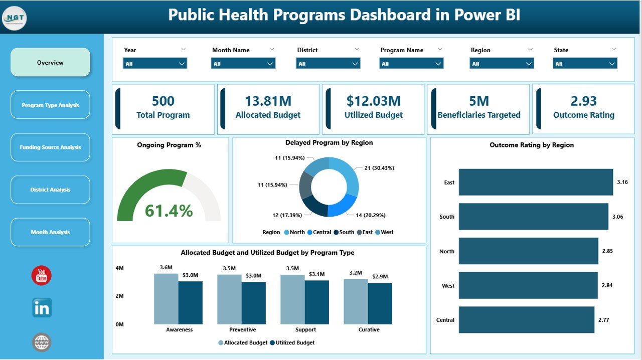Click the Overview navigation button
coord(50,63)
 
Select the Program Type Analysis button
coord(50,105)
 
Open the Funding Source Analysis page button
coord(50,147)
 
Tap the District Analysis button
coord(50,190)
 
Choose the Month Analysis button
coord(50,232)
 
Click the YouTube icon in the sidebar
coord(41,276)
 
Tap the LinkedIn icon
coord(42,308)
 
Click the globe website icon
coord(42,342)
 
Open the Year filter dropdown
coord(154,64)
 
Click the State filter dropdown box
coord(585,64)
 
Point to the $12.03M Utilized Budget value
coord(373,101)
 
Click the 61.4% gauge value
coord(169,211)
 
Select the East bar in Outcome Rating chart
coord(535,182)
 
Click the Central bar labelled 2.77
coord(526,320)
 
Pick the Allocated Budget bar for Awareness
coord(166,298)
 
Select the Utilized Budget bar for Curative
coord(380,303)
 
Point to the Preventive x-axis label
coord(242,330)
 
